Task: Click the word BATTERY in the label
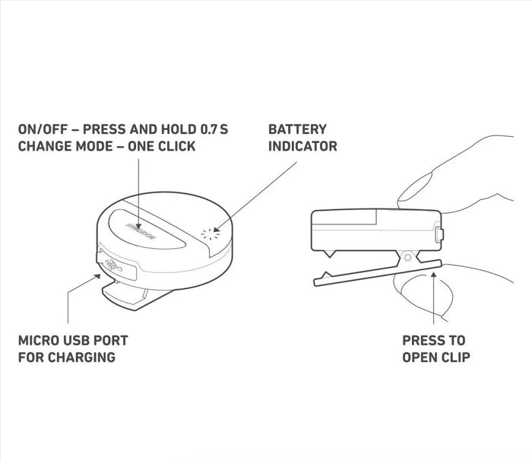[x=297, y=129]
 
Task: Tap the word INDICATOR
[x=302, y=146]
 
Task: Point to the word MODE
[x=100, y=146]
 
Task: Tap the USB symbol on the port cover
[x=114, y=265]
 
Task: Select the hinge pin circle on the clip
[x=408, y=257]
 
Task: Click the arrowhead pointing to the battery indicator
[x=217, y=228]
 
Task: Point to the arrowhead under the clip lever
[x=434, y=275]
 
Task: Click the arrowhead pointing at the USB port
[x=97, y=276]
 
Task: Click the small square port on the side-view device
[x=439, y=234]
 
